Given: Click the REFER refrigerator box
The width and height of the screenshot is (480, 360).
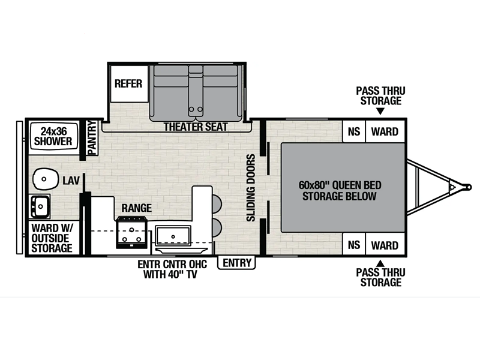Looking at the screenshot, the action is coord(129,83).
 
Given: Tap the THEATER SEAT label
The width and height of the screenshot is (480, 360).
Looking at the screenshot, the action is coord(196,127).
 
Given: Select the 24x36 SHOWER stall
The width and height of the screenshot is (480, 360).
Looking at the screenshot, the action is coord(53,137).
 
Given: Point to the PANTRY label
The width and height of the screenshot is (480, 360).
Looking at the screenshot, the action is coord(92,138).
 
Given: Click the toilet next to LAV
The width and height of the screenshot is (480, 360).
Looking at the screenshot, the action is coord(46,179).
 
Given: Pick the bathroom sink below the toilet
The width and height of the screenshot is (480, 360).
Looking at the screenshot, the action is coord(40,206).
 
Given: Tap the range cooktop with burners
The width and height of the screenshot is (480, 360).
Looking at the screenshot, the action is coord(131,232).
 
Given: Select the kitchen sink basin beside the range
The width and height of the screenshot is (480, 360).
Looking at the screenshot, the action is coord(173,235).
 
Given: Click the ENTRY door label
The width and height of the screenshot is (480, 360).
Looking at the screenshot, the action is coord(236,263).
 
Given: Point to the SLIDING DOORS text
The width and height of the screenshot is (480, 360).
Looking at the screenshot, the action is coord(251,188).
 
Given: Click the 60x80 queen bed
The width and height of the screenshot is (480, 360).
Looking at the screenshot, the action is coord(343,187).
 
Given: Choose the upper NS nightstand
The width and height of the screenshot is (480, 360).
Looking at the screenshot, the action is coord(354,131).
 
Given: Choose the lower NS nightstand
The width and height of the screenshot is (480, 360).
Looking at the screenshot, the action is coord(354,245).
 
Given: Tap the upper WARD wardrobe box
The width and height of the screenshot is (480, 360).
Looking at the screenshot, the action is coord(385,131).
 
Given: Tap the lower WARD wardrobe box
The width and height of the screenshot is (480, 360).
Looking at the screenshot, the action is coord(385,245).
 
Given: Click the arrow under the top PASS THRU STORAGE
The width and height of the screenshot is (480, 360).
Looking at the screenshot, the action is coord(380,112).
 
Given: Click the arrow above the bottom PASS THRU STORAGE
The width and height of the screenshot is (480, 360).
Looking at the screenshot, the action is coord(380,263).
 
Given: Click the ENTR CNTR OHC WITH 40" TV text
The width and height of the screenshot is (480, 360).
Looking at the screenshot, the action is coord(172,269).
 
